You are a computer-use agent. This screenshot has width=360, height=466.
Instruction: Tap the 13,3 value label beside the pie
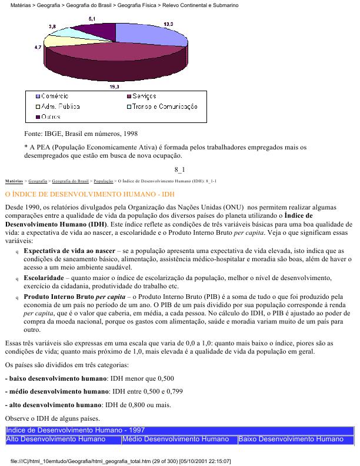[x=168, y=24]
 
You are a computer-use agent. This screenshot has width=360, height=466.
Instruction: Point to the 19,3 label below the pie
[x=115, y=86]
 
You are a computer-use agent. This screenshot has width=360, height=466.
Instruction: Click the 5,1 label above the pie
[x=92, y=19]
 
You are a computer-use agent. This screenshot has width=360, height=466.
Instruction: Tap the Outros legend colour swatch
[x=36, y=116]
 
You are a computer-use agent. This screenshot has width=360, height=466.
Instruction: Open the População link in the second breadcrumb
[x=103, y=181]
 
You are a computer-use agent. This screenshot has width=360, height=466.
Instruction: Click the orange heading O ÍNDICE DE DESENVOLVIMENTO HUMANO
[x=89, y=194]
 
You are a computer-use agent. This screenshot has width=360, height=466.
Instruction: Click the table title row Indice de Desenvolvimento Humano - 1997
[x=75, y=431]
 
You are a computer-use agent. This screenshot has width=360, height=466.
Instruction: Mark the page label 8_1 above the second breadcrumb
[x=179, y=170]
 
